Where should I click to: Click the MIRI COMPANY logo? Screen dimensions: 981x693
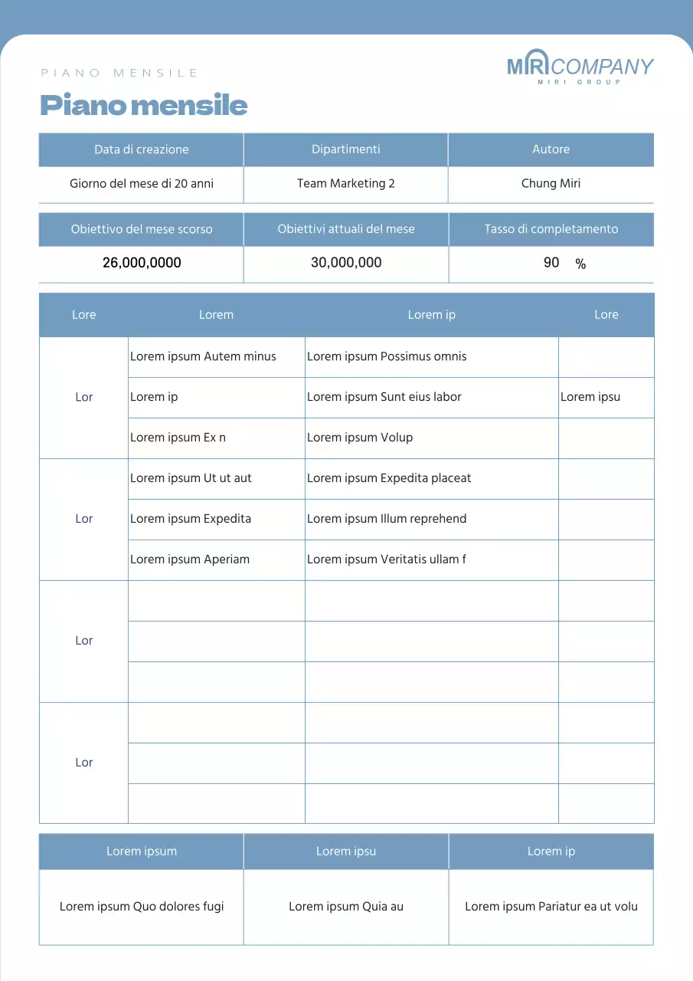580,67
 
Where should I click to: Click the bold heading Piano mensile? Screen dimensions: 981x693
143,105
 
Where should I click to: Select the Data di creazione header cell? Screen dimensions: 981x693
141,149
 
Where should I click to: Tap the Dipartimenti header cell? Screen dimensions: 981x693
345,149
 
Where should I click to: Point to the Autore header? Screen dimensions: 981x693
551,149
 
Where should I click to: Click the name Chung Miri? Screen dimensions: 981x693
551,183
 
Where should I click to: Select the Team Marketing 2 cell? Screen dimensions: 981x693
345,183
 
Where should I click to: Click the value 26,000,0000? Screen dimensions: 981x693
142,263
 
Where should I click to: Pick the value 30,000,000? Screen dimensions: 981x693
346,262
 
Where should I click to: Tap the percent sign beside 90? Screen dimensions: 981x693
580,264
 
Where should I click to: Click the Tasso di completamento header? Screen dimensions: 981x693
551,229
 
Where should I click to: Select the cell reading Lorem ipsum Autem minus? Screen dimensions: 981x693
203,356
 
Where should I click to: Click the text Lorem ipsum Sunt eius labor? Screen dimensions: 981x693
384,397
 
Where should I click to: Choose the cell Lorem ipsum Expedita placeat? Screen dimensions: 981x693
389,478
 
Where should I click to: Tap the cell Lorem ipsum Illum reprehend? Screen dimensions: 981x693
387,519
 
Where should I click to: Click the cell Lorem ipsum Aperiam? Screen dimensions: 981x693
190,559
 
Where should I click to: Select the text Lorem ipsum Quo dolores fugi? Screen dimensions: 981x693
142,907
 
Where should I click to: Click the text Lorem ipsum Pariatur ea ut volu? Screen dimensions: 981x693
551,907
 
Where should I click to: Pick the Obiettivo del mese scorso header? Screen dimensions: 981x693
142,229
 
